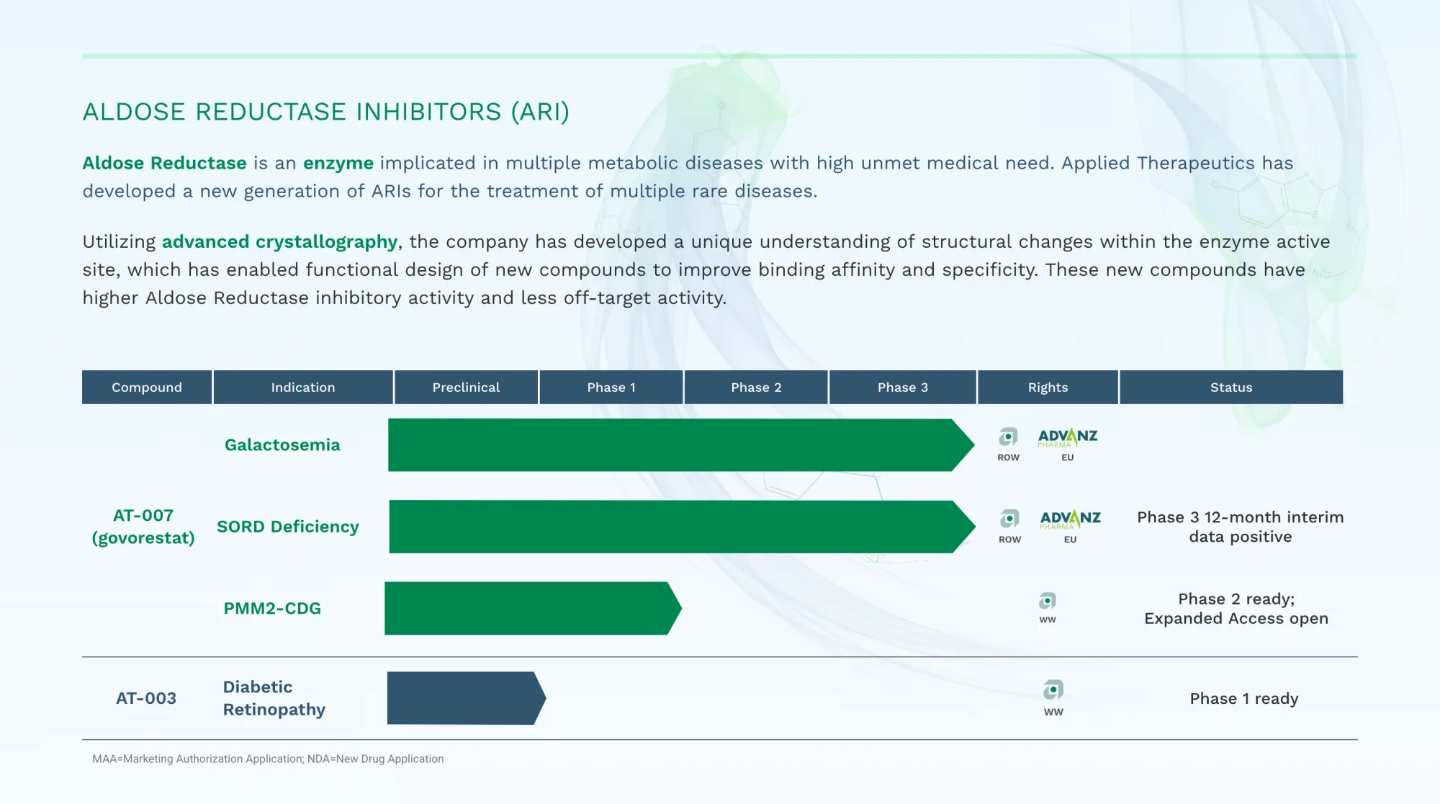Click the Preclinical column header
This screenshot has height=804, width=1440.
click(466, 388)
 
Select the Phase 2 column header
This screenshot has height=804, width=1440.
click(756, 388)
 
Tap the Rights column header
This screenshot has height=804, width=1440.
click(1048, 388)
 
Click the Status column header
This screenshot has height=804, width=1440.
click(1231, 388)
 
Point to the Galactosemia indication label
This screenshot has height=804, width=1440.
click(282, 445)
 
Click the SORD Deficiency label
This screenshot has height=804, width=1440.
click(287, 527)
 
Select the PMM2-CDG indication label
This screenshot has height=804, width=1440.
click(272, 609)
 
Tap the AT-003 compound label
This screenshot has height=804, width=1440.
click(146, 698)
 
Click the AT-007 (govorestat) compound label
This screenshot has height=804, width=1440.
click(143, 527)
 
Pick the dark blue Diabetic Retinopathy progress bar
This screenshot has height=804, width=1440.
click(464, 698)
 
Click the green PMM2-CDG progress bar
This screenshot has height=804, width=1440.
click(529, 609)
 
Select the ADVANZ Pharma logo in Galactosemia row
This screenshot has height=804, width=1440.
click(1067, 438)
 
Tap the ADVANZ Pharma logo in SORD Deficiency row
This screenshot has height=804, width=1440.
click(1070, 519)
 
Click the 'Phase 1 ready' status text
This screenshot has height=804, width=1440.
click(1243, 699)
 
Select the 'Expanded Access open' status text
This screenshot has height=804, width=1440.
click(1236, 619)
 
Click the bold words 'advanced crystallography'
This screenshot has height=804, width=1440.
click(279, 242)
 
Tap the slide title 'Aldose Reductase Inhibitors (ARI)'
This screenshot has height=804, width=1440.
click(325, 112)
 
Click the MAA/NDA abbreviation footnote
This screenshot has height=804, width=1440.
click(268, 759)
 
